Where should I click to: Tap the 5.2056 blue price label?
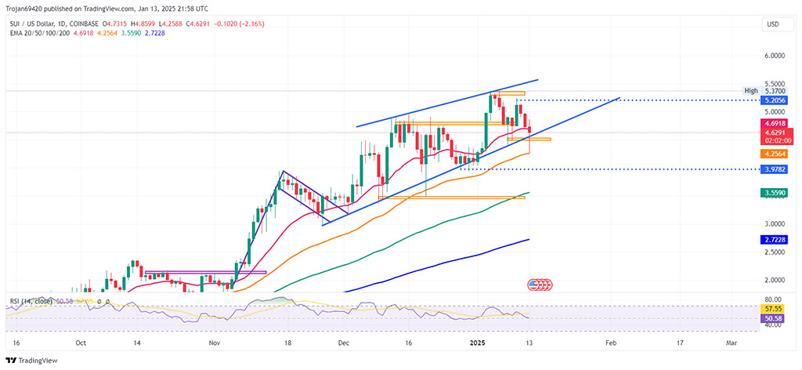point(775,101)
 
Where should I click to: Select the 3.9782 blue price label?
point(775,169)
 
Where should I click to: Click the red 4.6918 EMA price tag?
point(775,123)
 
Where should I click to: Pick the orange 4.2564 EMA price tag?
point(775,154)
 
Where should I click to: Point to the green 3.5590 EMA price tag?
point(775,192)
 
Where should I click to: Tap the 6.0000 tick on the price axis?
point(774,56)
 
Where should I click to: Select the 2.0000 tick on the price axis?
point(774,280)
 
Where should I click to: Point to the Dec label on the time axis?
point(343,343)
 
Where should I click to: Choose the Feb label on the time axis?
point(612,343)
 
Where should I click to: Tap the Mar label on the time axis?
point(731,343)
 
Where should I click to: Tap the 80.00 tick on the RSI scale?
point(773,299)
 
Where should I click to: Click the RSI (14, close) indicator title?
point(30,301)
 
